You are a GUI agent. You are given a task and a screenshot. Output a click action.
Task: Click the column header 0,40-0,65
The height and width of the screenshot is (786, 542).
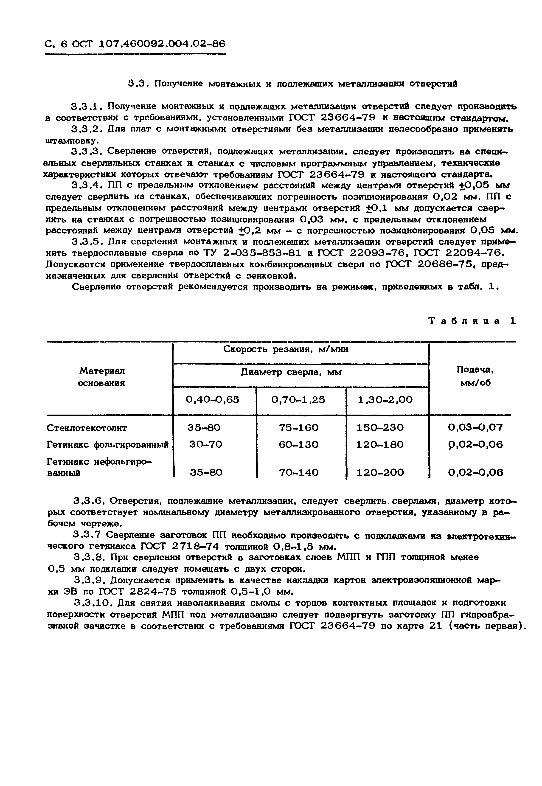pos(213,400)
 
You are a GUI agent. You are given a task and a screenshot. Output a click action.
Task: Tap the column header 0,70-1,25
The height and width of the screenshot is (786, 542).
pos(298,400)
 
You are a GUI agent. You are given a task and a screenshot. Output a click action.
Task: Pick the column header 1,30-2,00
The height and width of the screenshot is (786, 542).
pos(385,400)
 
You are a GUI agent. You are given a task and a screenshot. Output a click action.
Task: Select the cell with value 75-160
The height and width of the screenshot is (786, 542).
pos(298,427)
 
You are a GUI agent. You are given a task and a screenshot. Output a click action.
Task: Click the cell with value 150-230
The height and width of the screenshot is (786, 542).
pos(380,427)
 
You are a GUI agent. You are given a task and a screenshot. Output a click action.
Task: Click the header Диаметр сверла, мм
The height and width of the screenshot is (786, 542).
pos(291,372)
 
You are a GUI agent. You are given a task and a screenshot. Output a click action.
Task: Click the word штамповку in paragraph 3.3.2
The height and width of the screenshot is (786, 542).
pos(72,140)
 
